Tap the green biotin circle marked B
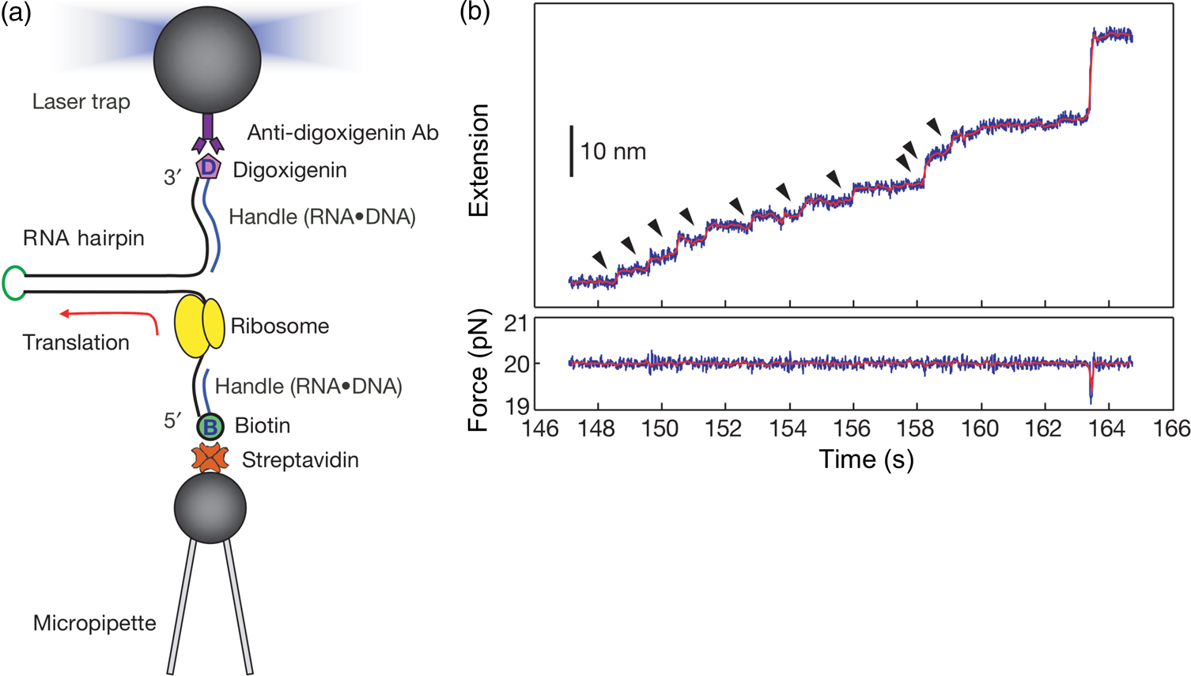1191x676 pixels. click(210, 427)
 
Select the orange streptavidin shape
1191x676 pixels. click(210, 459)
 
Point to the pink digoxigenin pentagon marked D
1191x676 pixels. click(208, 167)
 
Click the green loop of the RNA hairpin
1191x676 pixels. click(13, 283)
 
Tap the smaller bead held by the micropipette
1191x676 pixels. click(210, 507)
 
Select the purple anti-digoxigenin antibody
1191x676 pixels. click(207, 134)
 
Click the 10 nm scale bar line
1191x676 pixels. click(571, 150)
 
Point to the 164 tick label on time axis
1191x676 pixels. click(1107, 429)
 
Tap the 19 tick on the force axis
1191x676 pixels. click(518, 406)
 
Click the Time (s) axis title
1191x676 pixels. click(866, 459)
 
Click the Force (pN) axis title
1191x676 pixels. click(479, 370)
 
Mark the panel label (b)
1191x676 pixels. click(475, 14)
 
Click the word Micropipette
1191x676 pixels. click(94, 623)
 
